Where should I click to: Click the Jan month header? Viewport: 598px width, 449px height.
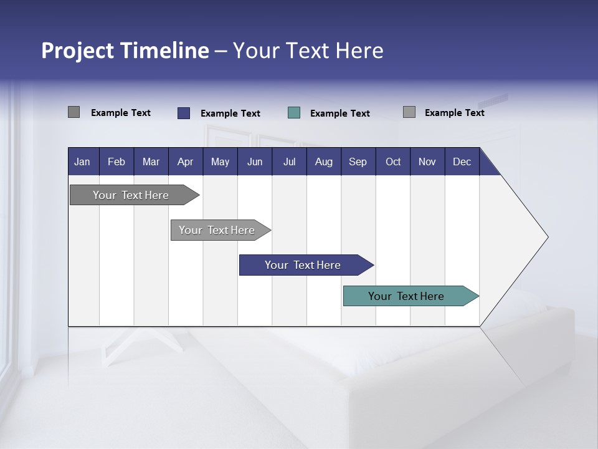(x=82, y=162)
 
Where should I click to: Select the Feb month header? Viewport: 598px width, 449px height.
(x=116, y=162)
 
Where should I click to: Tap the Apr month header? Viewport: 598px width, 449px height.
(x=185, y=162)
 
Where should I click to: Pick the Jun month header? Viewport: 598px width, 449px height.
(x=255, y=162)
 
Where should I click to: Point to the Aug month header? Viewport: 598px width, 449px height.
(x=324, y=162)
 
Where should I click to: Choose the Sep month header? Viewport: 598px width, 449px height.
(x=358, y=162)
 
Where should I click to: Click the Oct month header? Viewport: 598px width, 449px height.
(x=393, y=162)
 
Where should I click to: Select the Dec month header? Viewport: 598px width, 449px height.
(x=462, y=162)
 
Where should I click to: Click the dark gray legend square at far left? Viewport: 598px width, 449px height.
(x=74, y=112)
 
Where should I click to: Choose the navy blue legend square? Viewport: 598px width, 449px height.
(x=183, y=113)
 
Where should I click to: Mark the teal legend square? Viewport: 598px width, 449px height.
(x=294, y=113)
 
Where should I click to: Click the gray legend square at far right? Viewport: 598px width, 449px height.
(x=409, y=112)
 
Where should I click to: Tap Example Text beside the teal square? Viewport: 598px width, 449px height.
(x=339, y=113)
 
